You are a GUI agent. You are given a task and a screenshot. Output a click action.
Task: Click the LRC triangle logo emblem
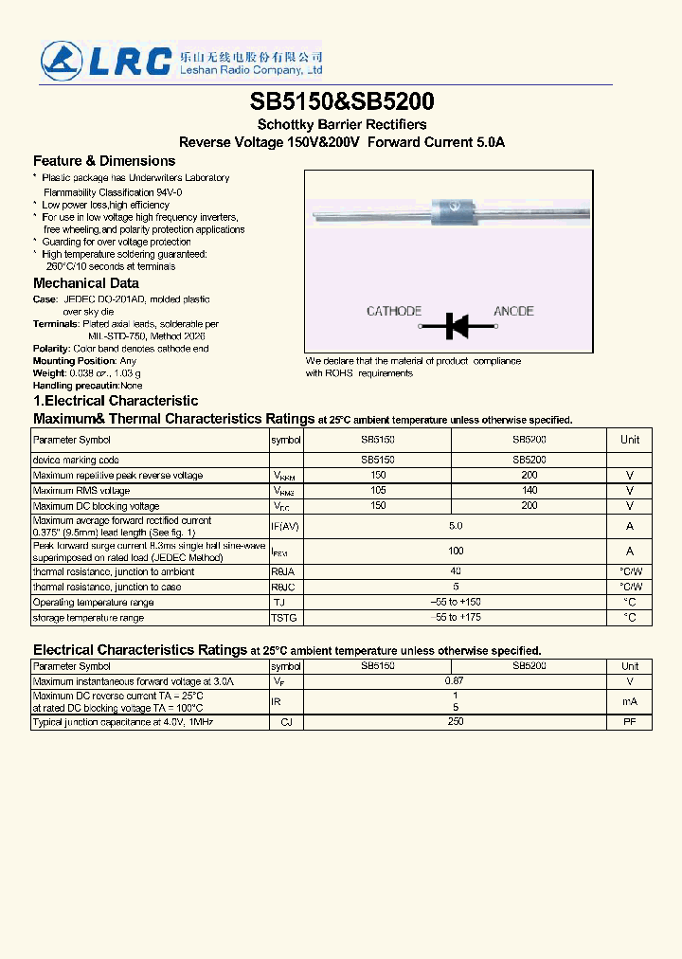click(x=62, y=60)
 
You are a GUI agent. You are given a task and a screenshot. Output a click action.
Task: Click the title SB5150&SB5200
click(x=342, y=101)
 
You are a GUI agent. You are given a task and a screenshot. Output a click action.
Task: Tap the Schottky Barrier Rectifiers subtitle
click(x=342, y=124)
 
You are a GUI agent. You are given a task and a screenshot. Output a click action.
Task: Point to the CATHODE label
click(x=394, y=311)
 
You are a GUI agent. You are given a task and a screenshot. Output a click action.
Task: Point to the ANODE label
click(x=513, y=311)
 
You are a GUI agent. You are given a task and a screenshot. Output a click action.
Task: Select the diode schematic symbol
click(x=456, y=327)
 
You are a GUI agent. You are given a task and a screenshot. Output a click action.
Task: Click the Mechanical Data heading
click(x=86, y=283)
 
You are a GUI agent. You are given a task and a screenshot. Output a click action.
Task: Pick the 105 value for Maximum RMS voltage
click(x=378, y=491)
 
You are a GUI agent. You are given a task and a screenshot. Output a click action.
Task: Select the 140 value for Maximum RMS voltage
click(x=529, y=491)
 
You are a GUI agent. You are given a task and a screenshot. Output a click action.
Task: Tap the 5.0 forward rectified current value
click(x=455, y=525)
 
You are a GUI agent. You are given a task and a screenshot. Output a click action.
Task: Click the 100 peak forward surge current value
click(x=456, y=551)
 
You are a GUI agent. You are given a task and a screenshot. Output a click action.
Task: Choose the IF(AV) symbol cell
click(x=285, y=526)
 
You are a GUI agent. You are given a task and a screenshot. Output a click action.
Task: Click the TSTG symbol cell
click(x=284, y=618)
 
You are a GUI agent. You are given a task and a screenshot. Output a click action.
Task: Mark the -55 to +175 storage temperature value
click(x=455, y=618)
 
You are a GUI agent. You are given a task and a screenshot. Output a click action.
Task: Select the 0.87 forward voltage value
click(x=455, y=681)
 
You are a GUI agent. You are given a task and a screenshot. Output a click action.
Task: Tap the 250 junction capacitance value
click(x=455, y=722)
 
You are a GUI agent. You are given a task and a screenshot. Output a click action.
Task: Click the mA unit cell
click(x=630, y=701)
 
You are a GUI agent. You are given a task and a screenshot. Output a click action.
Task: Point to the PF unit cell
click(x=630, y=722)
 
